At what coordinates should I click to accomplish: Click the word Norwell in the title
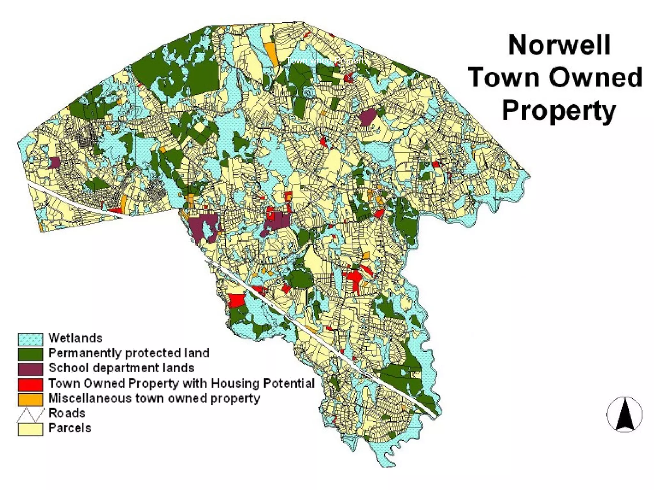click(559, 45)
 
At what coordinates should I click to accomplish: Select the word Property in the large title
click(559, 110)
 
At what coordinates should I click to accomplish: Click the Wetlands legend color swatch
click(30, 339)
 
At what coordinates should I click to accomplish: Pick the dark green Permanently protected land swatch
click(30, 354)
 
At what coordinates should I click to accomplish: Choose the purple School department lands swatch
click(30, 369)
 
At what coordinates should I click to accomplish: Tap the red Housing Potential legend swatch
click(30, 384)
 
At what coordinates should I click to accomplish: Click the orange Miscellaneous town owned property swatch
click(30, 399)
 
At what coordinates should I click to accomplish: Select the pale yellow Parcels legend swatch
click(30, 429)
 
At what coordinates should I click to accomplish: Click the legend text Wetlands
click(75, 338)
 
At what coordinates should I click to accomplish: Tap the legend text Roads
click(67, 413)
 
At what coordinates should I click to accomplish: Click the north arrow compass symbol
click(624, 414)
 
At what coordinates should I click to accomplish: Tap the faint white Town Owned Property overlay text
click(328, 61)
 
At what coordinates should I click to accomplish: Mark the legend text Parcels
click(70, 428)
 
